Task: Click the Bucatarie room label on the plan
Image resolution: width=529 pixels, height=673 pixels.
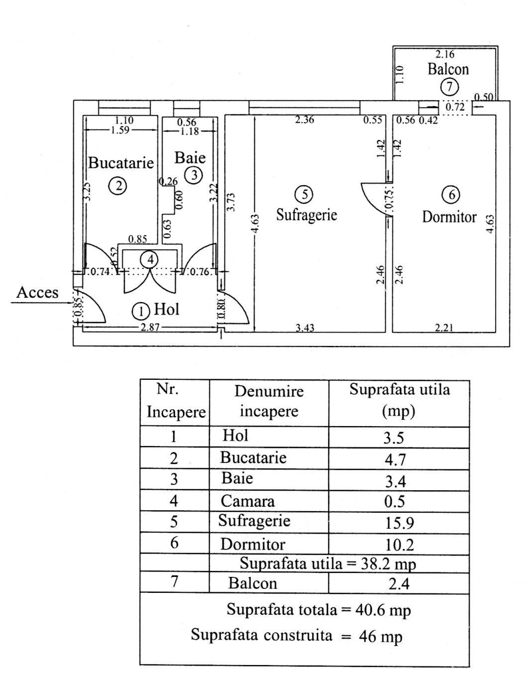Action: click(x=121, y=163)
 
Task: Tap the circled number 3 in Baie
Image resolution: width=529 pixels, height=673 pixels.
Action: click(x=193, y=175)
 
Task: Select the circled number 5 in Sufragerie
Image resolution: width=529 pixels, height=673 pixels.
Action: click(x=304, y=194)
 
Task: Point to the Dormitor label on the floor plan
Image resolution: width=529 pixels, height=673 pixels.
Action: click(x=449, y=217)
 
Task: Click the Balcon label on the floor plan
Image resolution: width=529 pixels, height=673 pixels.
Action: click(x=448, y=69)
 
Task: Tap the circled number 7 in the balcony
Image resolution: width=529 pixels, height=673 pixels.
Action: click(x=449, y=87)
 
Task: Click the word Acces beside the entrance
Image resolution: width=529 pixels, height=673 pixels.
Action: click(x=37, y=292)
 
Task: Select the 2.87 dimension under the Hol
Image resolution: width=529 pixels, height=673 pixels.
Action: click(x=149, y=327)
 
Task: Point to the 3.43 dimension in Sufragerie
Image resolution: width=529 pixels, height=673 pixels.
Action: click(x=305, y=328)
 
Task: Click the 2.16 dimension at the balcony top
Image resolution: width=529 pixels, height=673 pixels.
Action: click(x=445, y=54)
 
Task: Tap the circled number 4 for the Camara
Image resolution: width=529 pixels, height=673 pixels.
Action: click(x=150, y=259)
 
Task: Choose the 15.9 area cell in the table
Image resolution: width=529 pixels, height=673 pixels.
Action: click(x=399, y=523)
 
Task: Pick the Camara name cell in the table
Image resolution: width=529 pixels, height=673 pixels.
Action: click(x=247, y=501)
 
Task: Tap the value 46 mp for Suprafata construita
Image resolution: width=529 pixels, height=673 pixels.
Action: click(x=380, y=636)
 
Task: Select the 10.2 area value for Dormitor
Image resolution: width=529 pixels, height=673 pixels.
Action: click(x=399, y=545)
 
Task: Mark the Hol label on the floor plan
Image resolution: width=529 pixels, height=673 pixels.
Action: click(x=167, y=309)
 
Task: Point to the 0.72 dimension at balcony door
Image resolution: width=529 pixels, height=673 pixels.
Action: click(x=454, y=107)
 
